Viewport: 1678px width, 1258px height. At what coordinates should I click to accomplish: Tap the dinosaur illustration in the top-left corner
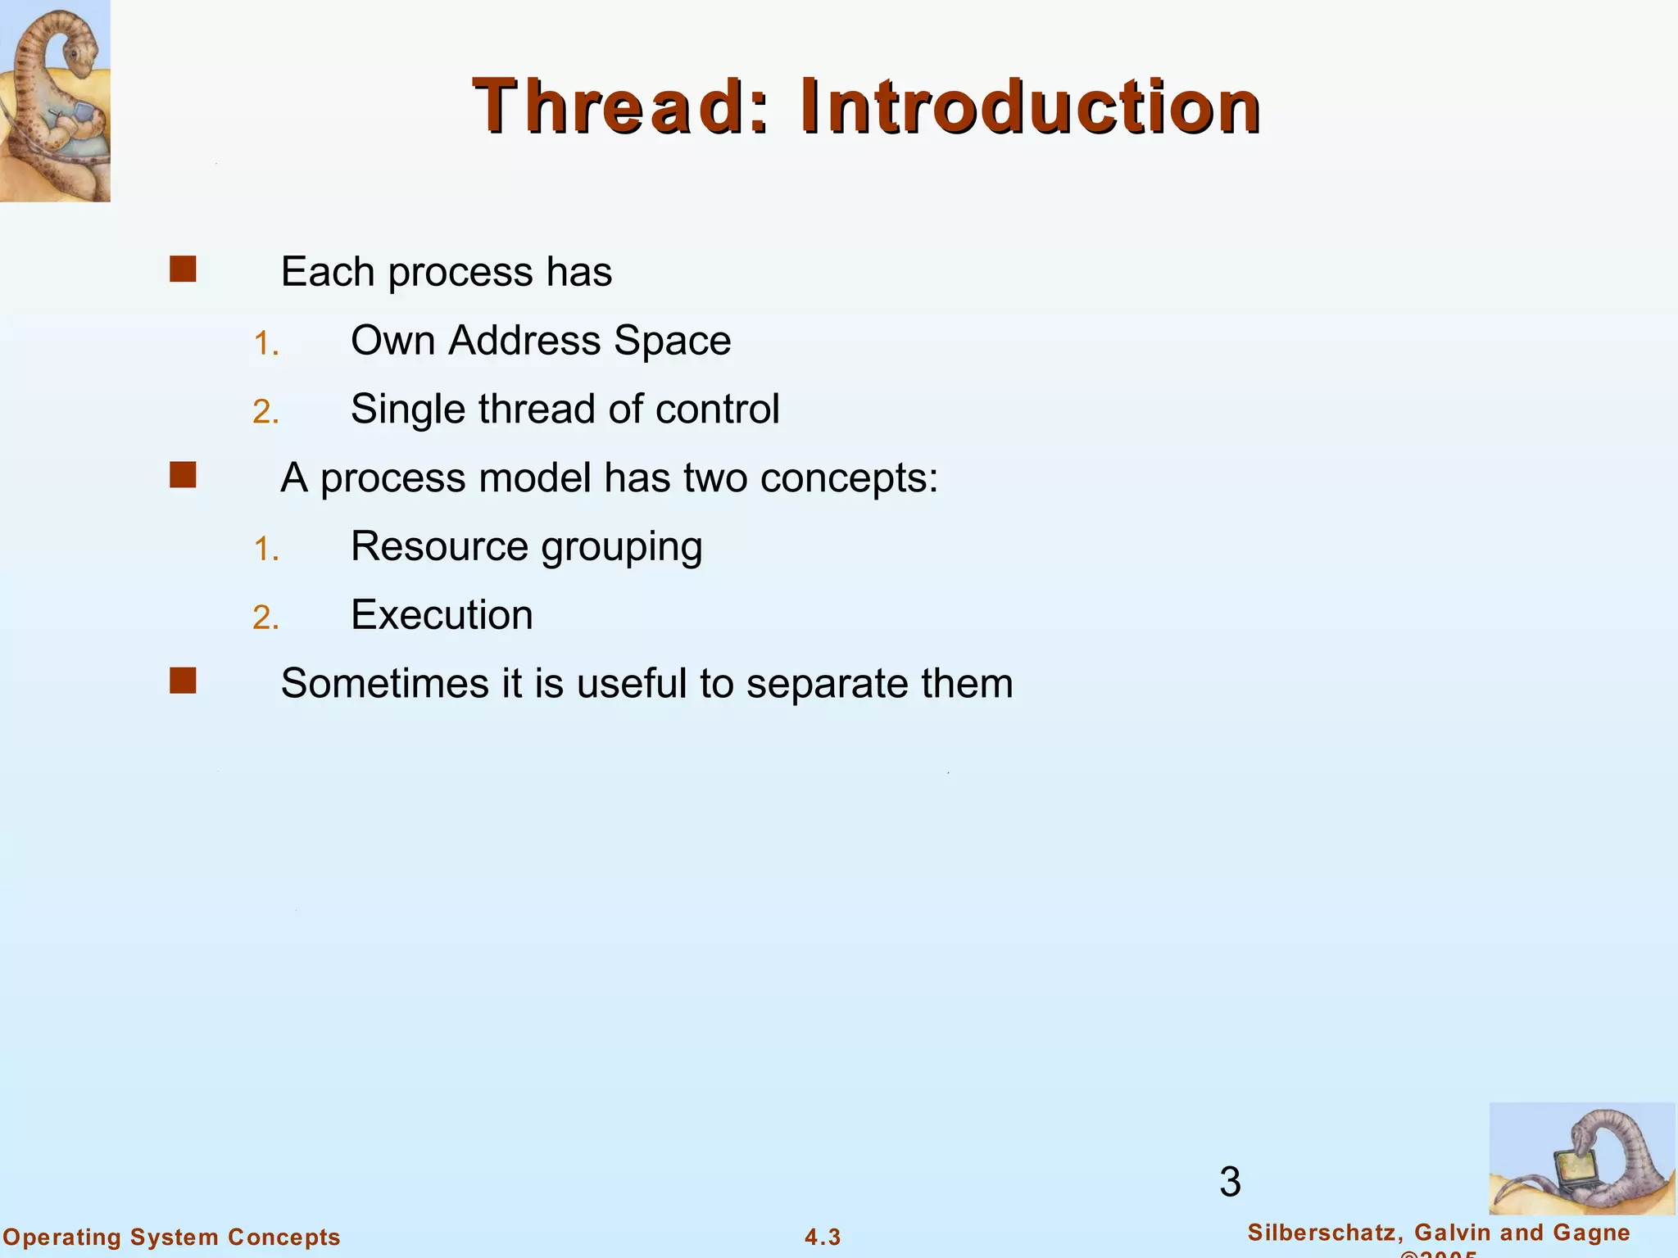(x=54, y=100)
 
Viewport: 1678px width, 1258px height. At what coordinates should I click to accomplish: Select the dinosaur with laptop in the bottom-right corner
(x=1580, y=1158)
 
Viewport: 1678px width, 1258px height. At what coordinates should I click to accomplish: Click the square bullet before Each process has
(x=183, y=269)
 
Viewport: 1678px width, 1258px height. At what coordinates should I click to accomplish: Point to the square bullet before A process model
(x=183, y=475)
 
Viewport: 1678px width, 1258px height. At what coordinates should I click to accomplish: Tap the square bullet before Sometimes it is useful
(x=183, y=681)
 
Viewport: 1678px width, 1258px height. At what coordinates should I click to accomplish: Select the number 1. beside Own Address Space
(x=265, y=344)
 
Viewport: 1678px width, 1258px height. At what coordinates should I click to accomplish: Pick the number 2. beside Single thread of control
(x=265, y=412)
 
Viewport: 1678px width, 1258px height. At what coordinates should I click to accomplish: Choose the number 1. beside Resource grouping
(x=265, y=550)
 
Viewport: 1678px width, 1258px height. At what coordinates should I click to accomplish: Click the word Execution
(x=442, y=615)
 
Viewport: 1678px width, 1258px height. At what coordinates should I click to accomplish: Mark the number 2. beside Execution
(x=265, y=618)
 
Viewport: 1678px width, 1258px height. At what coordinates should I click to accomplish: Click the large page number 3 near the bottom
(x=1230, y=1182)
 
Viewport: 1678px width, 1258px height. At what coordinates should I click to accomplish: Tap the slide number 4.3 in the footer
(x=823, y=1237)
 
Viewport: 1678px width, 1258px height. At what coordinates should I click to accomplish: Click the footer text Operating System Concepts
(x=171, y=1237)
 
